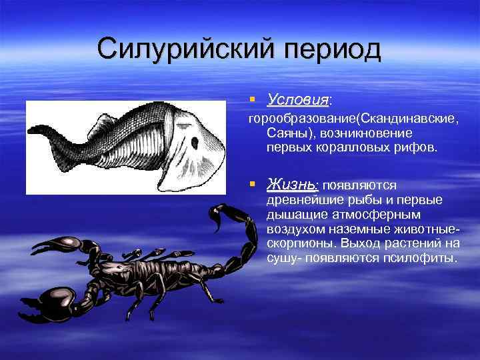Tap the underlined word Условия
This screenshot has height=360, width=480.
click(x=297, y=100)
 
